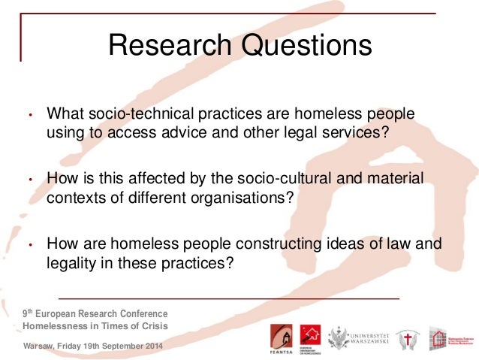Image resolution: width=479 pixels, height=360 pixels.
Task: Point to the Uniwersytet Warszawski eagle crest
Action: pos(339,336)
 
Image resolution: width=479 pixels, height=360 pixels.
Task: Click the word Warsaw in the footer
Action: pos(40,345)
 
